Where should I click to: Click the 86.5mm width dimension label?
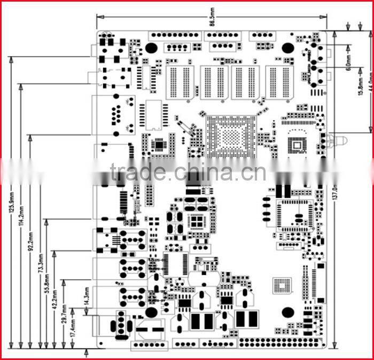[212, 23]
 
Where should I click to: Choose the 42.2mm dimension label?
[55, 298]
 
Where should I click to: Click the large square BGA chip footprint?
[230, 135]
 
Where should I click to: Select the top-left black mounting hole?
[151, 48]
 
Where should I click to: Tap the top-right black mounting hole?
[288, 48]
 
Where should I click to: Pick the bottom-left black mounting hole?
[151, 312]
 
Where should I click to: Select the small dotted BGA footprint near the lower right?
[282, 286]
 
